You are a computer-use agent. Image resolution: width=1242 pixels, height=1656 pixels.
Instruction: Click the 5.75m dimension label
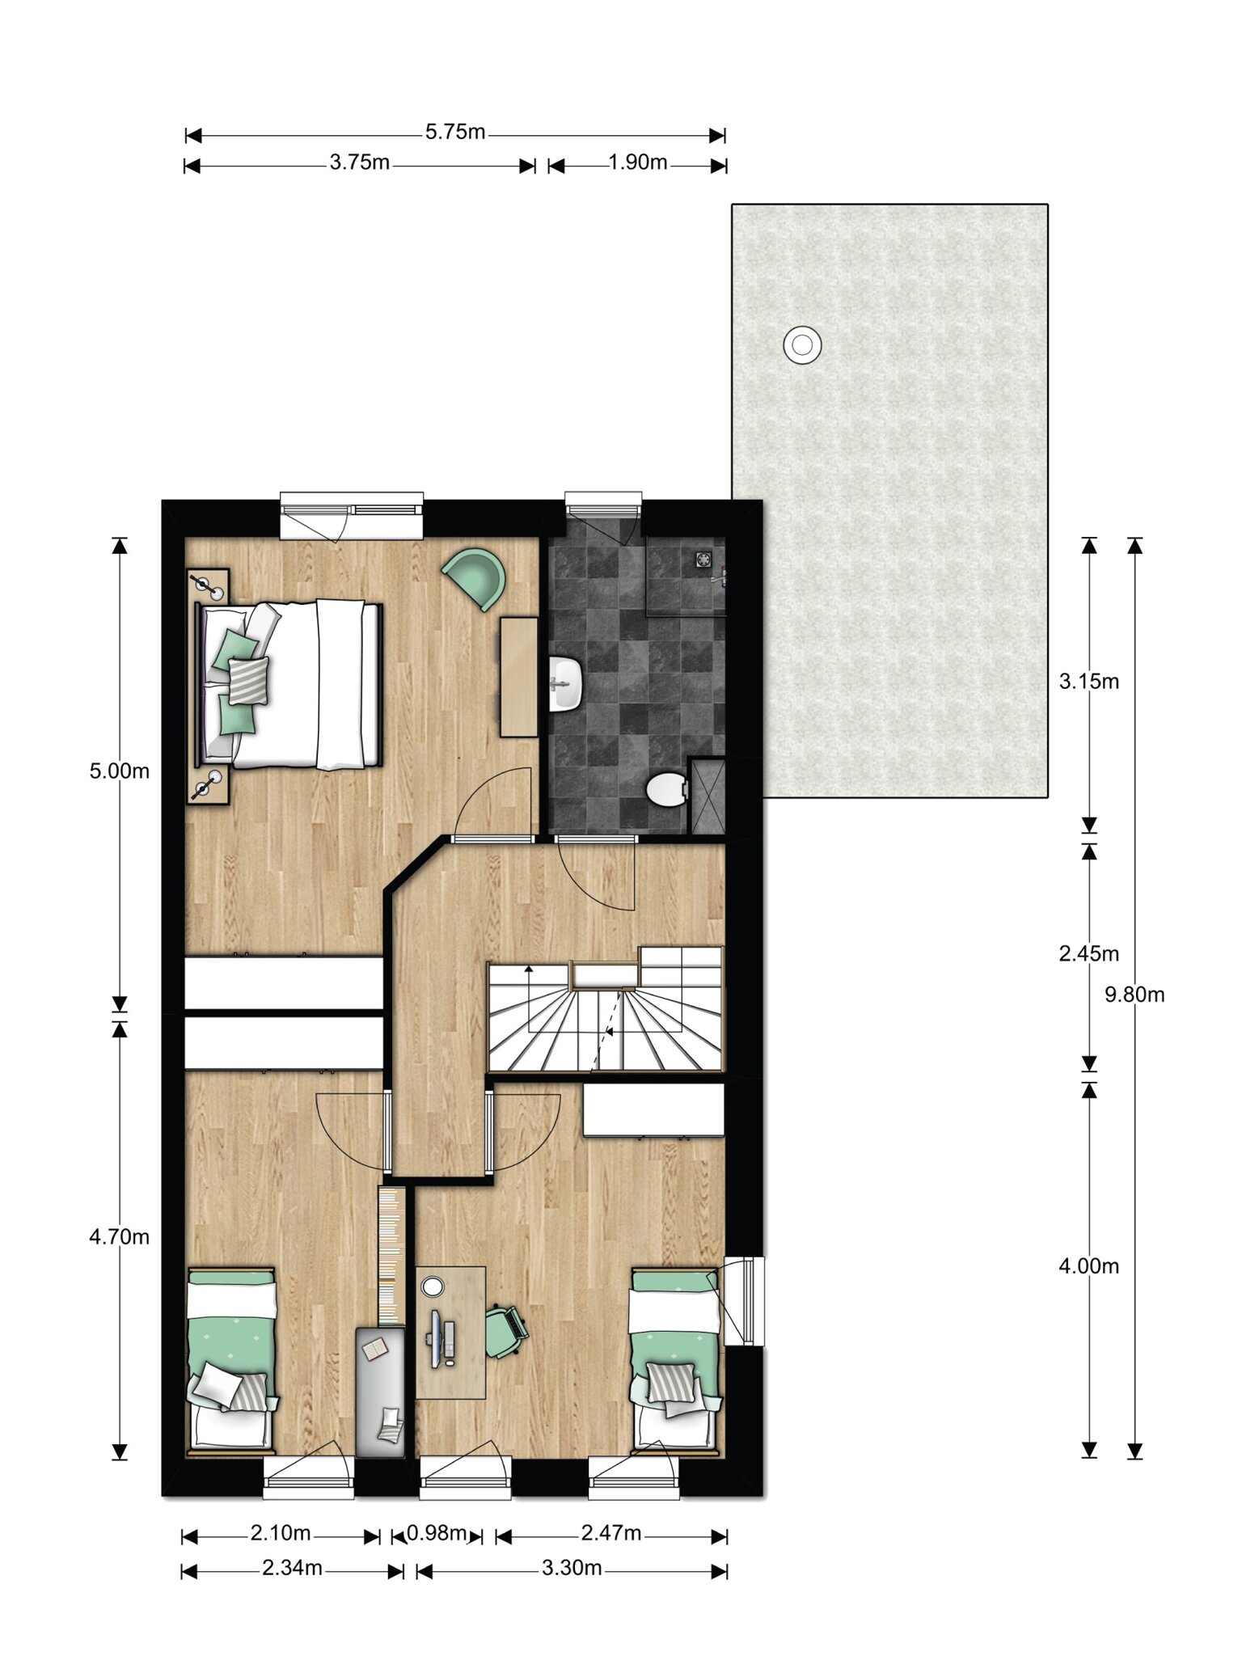click(455, 132)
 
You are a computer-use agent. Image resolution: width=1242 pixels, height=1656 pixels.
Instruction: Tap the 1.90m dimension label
click(638, 163)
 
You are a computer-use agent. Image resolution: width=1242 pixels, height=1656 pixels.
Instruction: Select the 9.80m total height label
click(1134, 995)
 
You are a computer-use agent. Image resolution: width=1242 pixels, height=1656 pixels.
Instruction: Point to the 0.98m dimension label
click(437, 1532)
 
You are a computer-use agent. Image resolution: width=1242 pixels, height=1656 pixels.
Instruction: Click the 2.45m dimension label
click(1089, 953)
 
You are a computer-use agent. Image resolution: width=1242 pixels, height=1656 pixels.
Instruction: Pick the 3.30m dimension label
click(572, 1568)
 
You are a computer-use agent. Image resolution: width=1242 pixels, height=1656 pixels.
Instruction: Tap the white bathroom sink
click(567, 683)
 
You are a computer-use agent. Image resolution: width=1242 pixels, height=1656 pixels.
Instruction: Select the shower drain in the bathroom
click(703, 559)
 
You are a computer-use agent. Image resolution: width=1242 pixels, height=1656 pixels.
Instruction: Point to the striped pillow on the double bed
click(248, 680)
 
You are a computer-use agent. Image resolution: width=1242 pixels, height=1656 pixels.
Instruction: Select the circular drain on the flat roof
click(802, 345)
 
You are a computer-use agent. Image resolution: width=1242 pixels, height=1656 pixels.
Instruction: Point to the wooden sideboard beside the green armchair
click(518, 677)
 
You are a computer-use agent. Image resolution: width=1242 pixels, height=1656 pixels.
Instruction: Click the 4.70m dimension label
click(120, 1236)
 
